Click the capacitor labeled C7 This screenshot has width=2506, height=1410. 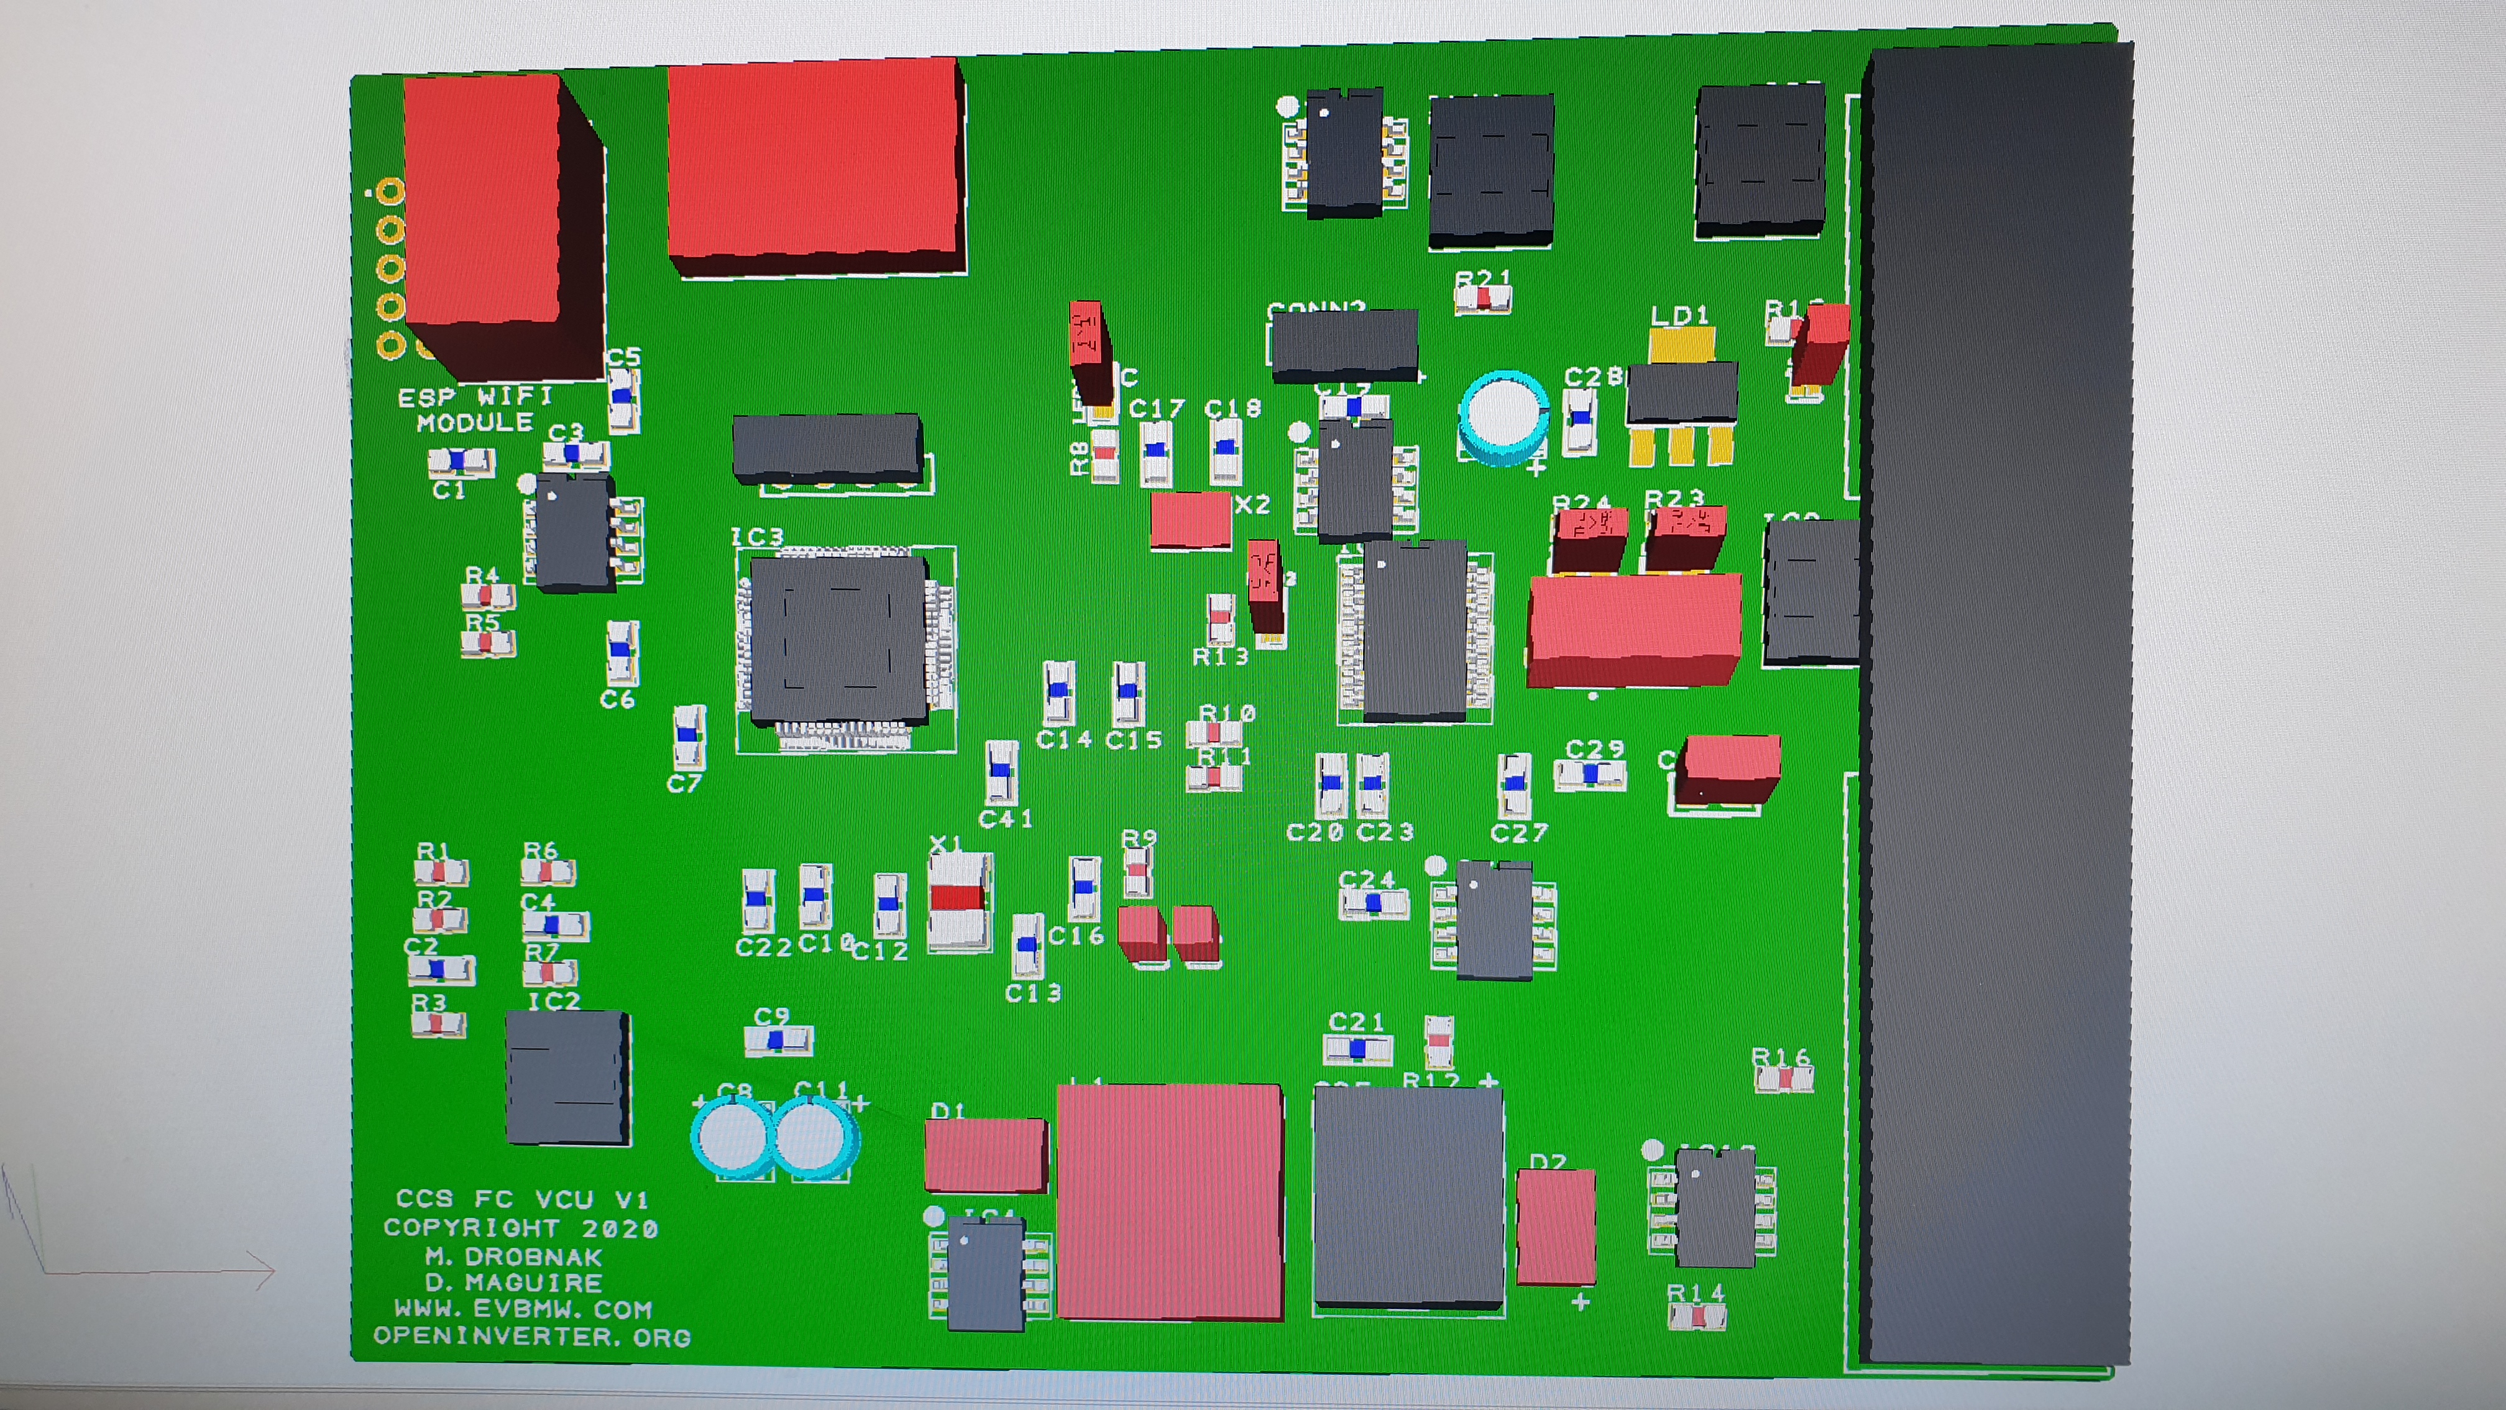(689, 737)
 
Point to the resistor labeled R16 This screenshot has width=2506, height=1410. (1783, 1078)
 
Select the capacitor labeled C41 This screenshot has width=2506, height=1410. (1001, 772)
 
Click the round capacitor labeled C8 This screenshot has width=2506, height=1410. (732, 1136)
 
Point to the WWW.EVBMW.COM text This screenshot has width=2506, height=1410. (523, 1309)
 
